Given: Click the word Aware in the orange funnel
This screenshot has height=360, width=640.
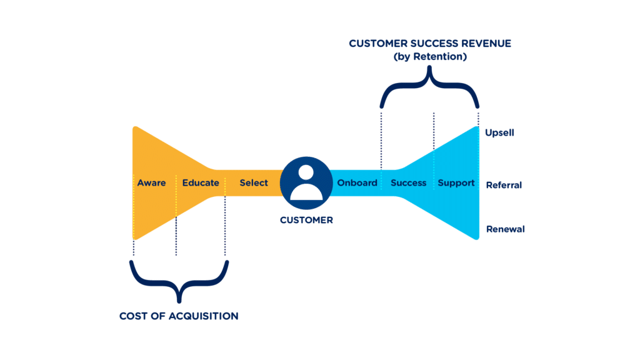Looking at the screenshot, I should [151, 183].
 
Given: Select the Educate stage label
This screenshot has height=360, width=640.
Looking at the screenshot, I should [201, 183].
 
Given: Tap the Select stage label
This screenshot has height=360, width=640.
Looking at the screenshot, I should [254, 183].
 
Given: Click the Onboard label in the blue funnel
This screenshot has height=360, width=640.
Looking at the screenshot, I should [357, 183].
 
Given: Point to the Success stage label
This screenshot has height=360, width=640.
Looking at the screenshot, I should [408, 183].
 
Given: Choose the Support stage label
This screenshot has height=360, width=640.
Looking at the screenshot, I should [456, 183].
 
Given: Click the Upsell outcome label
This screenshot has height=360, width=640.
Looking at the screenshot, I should [499, 132].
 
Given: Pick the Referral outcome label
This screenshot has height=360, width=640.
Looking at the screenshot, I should [503, 185].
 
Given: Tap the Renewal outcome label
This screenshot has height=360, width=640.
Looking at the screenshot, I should [505, 229].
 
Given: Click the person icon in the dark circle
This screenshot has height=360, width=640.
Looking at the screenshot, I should [306, 183].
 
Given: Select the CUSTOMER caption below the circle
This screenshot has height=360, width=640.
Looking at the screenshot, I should [306, 220].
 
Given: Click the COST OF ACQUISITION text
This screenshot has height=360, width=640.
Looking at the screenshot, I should [179, 316].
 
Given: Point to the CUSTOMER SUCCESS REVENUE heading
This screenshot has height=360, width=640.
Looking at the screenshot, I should [430, 44].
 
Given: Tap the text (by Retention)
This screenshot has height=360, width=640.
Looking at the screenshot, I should [430, 57].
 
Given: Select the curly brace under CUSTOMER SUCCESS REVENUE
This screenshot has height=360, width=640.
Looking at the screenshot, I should [430, 87].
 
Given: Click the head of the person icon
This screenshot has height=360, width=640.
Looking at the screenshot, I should [306, 173].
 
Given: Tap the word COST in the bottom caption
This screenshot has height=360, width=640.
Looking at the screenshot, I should [133, 316].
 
